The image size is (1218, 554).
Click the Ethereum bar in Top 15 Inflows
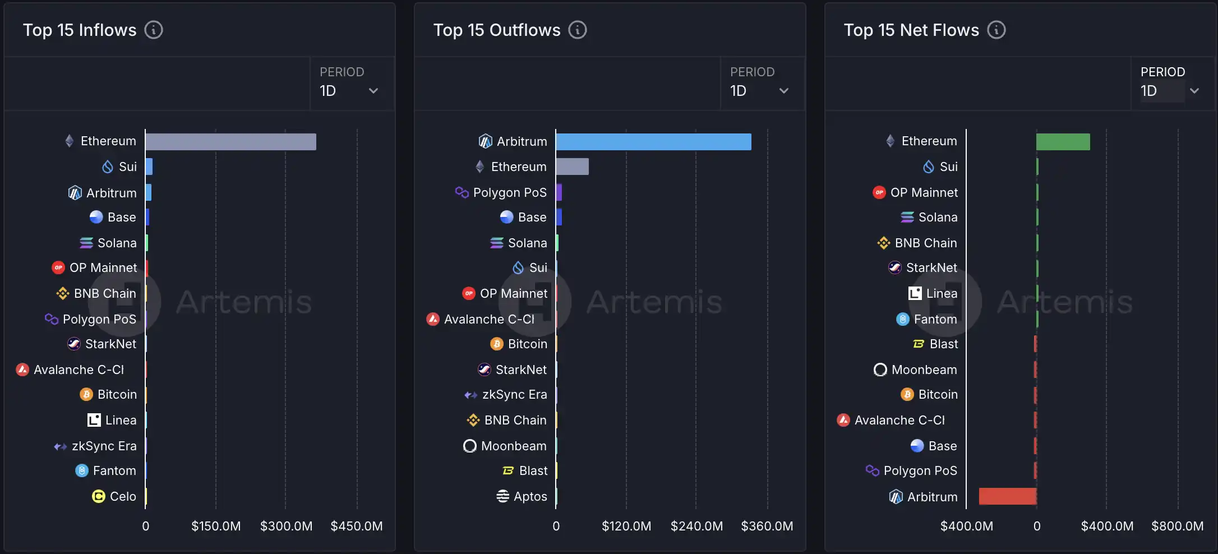[230, 142]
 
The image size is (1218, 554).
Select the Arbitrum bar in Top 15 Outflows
[653, 142]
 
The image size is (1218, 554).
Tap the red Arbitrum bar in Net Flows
[1007, 496]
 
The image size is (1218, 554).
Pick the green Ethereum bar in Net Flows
[1063, 142]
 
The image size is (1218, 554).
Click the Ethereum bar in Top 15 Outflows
[572, 167]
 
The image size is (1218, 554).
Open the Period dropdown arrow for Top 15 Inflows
[373, 91]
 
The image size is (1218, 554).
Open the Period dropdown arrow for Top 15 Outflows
[784, 91]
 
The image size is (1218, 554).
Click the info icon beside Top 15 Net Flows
[996, 30]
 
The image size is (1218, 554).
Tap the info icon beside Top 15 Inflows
[154, 30]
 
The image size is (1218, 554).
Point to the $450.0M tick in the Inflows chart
[357, 526]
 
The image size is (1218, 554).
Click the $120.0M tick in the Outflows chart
[626, 526]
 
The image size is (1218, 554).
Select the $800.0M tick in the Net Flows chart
[1178, 526]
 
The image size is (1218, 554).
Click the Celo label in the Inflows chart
[123, 496]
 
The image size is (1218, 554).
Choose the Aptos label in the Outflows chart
[530, 496]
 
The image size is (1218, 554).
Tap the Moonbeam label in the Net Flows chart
[924, 370]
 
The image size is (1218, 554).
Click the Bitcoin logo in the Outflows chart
[497, 344]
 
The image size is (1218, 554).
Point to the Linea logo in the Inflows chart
[94, 420]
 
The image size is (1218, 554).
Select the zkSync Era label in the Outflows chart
[514, 394]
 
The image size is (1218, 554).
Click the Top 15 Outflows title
[497, 30]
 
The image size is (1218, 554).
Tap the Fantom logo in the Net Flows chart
[903, 319]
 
